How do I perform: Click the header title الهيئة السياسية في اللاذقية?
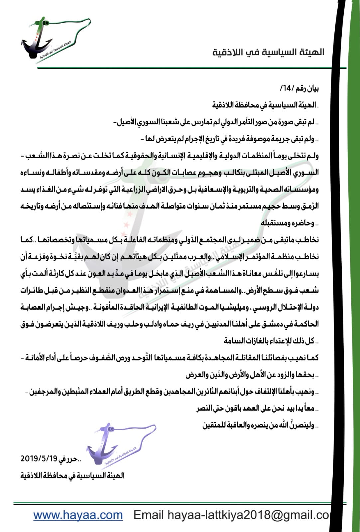point(268,53)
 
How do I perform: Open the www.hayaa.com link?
point(78,515)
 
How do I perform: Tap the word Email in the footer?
point(148,515)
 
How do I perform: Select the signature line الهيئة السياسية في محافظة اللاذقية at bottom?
point(72,475)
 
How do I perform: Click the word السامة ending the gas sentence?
point(232,341)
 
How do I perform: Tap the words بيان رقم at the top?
point(306,88)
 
